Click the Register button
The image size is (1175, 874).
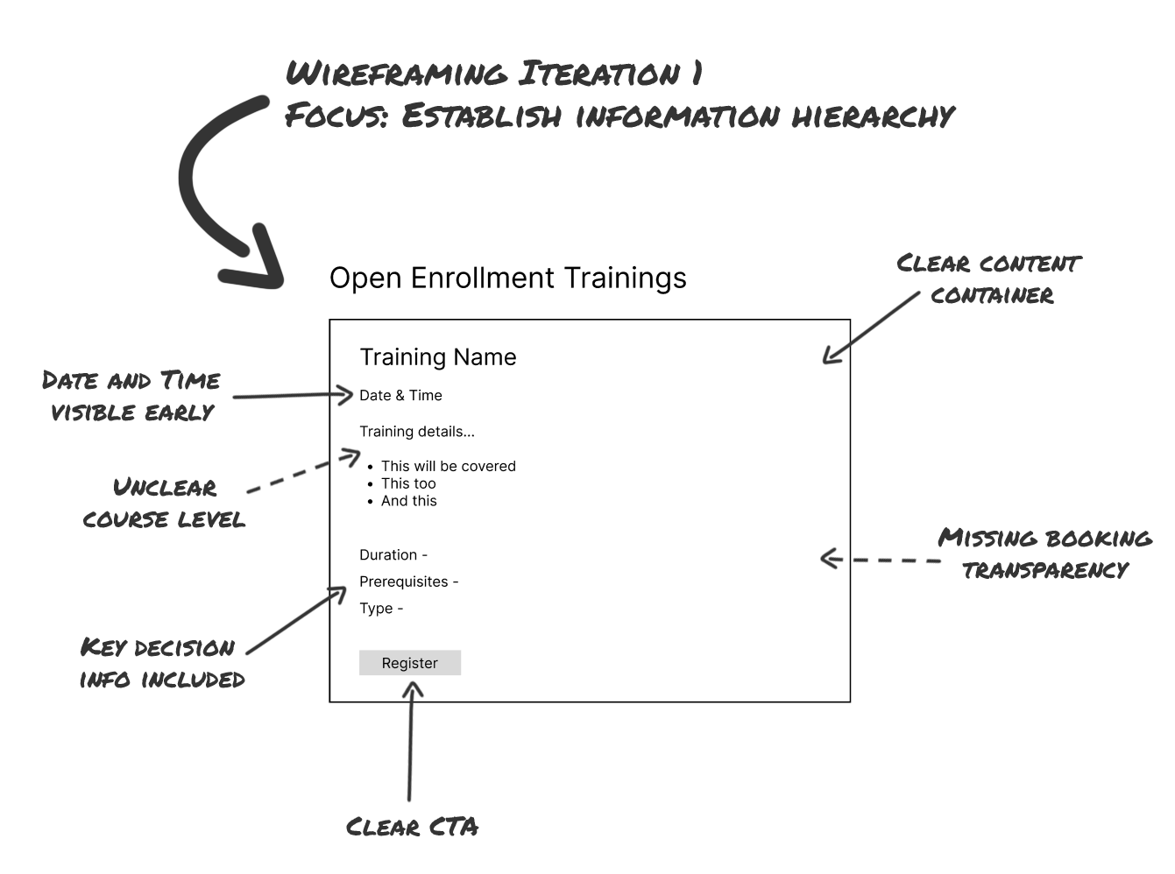[x=409, y=663]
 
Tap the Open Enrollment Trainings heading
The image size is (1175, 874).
[x=507, y=278]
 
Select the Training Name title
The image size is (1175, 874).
[x=437, y=357]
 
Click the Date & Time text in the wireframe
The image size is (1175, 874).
[x=400, y=395]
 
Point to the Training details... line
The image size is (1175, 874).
[x=416, y=431]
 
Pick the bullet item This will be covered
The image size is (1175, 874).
[x=448, y=466]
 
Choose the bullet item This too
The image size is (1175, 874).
[x=408, y=483]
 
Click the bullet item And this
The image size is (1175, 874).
[x=408, y=501]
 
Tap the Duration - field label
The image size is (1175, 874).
[x=393, y=554]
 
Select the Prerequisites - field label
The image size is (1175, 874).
[x=408, y=581]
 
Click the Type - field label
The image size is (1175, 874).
[x=381, y=609]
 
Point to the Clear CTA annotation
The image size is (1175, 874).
[x=412, y=827]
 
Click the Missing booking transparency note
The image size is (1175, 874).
[x=1044, y=553]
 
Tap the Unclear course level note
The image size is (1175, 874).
[x=164, y=503]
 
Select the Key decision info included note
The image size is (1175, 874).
[x=161, y=663]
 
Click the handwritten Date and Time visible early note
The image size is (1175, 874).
[x=131, y=396]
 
